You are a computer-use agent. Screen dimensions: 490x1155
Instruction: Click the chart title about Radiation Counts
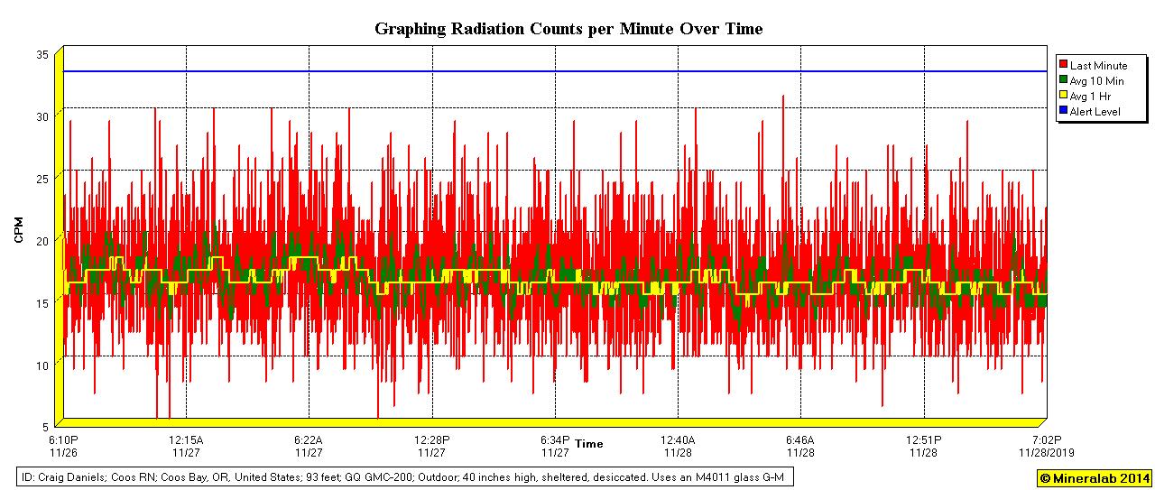(568, 29)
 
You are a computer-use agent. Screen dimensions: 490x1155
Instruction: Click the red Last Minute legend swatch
(1064, 66)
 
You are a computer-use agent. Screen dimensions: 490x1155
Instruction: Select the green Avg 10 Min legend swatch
(1064, 81)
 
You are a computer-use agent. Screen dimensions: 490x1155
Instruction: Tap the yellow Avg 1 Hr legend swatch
(1064, 97)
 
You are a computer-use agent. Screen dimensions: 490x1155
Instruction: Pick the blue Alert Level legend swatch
(1064, 112)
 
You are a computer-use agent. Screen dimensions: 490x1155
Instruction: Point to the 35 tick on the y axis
(42, 54)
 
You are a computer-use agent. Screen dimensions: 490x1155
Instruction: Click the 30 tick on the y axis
(42, 116)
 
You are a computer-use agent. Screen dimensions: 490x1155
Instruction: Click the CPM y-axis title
(19, 230)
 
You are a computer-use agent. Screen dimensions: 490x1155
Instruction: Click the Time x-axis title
(589, 444)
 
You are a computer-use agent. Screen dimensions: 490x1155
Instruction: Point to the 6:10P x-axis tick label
(63, 440)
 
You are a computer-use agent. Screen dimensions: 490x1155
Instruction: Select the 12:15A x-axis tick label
(186, 440)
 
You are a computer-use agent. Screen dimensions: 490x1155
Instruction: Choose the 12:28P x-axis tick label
(431, 440)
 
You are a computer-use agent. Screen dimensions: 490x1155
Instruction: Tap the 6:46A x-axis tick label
(800, 440)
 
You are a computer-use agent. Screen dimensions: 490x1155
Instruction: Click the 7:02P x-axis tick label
(1047, 440)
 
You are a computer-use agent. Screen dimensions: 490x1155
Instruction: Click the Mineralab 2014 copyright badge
(1094, 478)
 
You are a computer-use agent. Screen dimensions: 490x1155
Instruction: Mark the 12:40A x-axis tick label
(678, 440)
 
